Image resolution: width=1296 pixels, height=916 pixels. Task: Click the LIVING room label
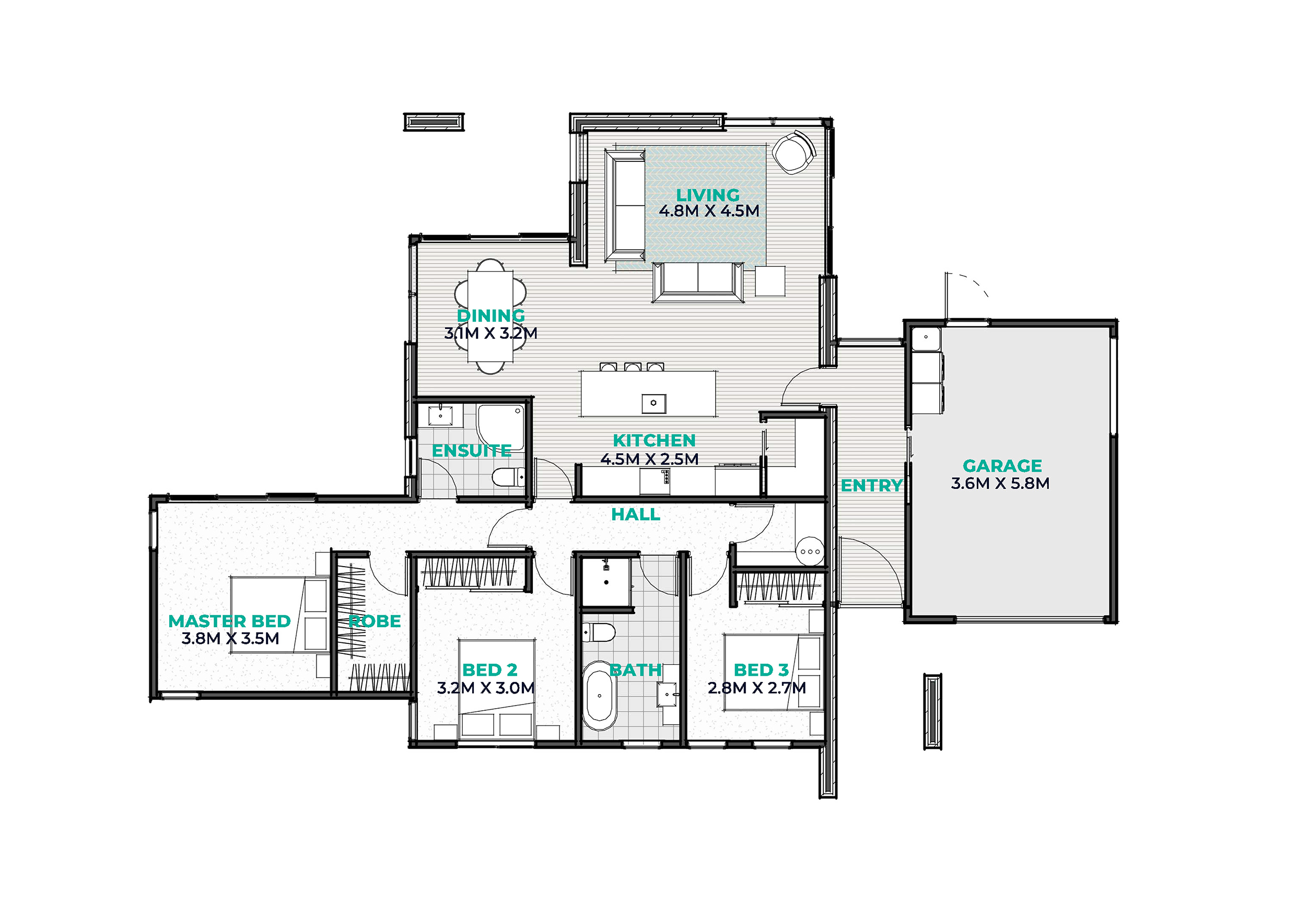pyautogui.click(x=708, y=195)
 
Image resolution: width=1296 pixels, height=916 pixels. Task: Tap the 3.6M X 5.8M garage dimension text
pyautogui.click(x=1000, y=484)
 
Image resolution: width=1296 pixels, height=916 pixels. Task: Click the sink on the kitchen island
pyautogui.click(x=653, y=403)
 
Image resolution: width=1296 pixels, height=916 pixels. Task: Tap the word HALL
pyautogui.click(x=636, y=515)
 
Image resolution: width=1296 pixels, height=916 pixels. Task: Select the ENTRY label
pyautogui.click(x=871, y=485)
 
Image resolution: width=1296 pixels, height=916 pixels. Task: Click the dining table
pyautogui.click(x=491, y=316)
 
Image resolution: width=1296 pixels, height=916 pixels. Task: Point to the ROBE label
pyautogui.click(x=374, y=621)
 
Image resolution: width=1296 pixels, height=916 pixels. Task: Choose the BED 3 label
pyautogui.click(x=761, y=670)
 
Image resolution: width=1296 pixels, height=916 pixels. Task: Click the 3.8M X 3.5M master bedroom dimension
pyautogui.click(x=230, y=639)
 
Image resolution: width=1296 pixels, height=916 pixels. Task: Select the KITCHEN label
pyautogui.click(x=654, y=440)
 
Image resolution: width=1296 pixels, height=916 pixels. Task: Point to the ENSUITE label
pyautogui.click(x=471, y=451)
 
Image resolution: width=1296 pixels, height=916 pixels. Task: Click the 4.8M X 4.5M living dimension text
pyautogui.click(x=709, y=211)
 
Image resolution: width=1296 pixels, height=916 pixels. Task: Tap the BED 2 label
pyautogui.click(x=489, y=670)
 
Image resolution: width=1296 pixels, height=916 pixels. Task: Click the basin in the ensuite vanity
pyautogui.click(x=440, y=415)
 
